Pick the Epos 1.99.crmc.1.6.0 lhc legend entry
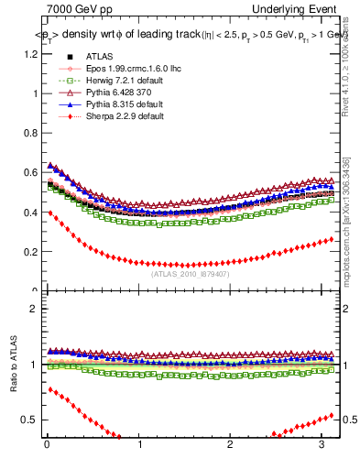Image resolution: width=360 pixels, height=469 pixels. coord(124,69)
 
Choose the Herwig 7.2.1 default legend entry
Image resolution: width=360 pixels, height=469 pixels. coord(114,81)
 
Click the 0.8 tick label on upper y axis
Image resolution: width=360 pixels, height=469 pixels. coord(31,133)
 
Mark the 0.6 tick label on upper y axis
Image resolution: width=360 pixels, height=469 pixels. coord(31,173)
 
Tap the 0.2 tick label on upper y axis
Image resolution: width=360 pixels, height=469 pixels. coord(31,252)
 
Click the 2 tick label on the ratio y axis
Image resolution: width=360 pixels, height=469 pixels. coord(35,309)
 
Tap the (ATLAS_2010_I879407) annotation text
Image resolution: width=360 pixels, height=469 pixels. coord(190,273)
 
